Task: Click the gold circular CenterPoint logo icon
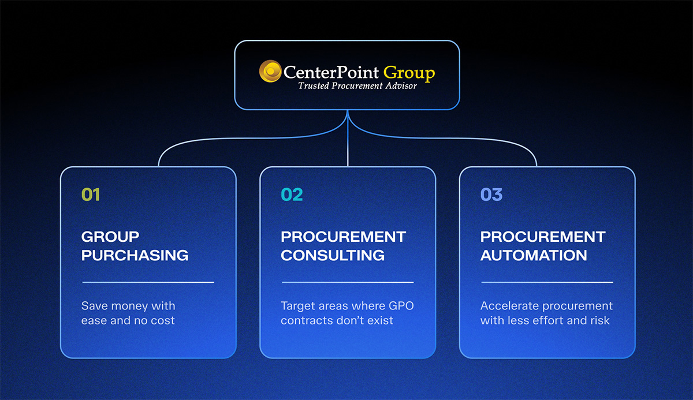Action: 270,72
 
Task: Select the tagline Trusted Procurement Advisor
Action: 357,86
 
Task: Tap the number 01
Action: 91,195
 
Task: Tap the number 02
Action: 292,195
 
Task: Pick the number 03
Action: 491,195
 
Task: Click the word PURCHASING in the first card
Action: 135,255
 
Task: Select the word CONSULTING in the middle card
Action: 333,255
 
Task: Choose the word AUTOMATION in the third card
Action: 534,255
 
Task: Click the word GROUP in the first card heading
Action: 110,237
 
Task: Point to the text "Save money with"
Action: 128,306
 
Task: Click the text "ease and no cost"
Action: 128,320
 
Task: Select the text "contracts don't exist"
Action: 337,320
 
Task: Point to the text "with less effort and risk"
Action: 545,320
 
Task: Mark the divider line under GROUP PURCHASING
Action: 148,282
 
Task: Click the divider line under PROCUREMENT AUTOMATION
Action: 547,282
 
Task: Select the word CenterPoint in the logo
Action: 331,73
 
